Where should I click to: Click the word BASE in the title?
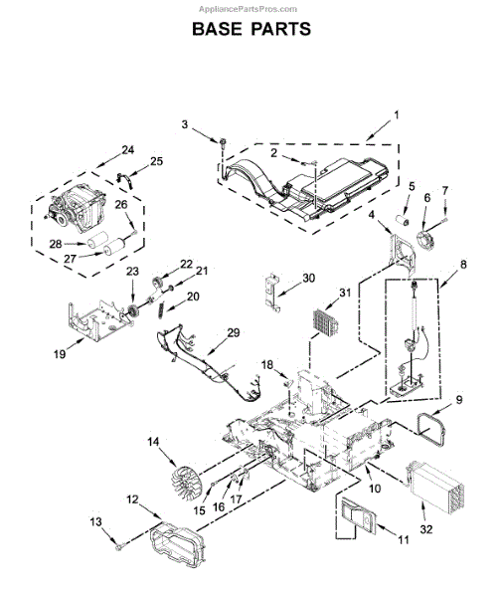coord(216,29)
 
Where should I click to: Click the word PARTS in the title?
coord(280,29)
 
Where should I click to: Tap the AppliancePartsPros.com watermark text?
coord(248,9)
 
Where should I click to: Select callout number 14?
coord(153,442)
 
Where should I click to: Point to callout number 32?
coord(426,529)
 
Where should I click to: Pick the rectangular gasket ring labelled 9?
coord(431,429)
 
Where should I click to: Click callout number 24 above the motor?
coord(128,149)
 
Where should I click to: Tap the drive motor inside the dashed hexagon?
coord(76,208)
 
